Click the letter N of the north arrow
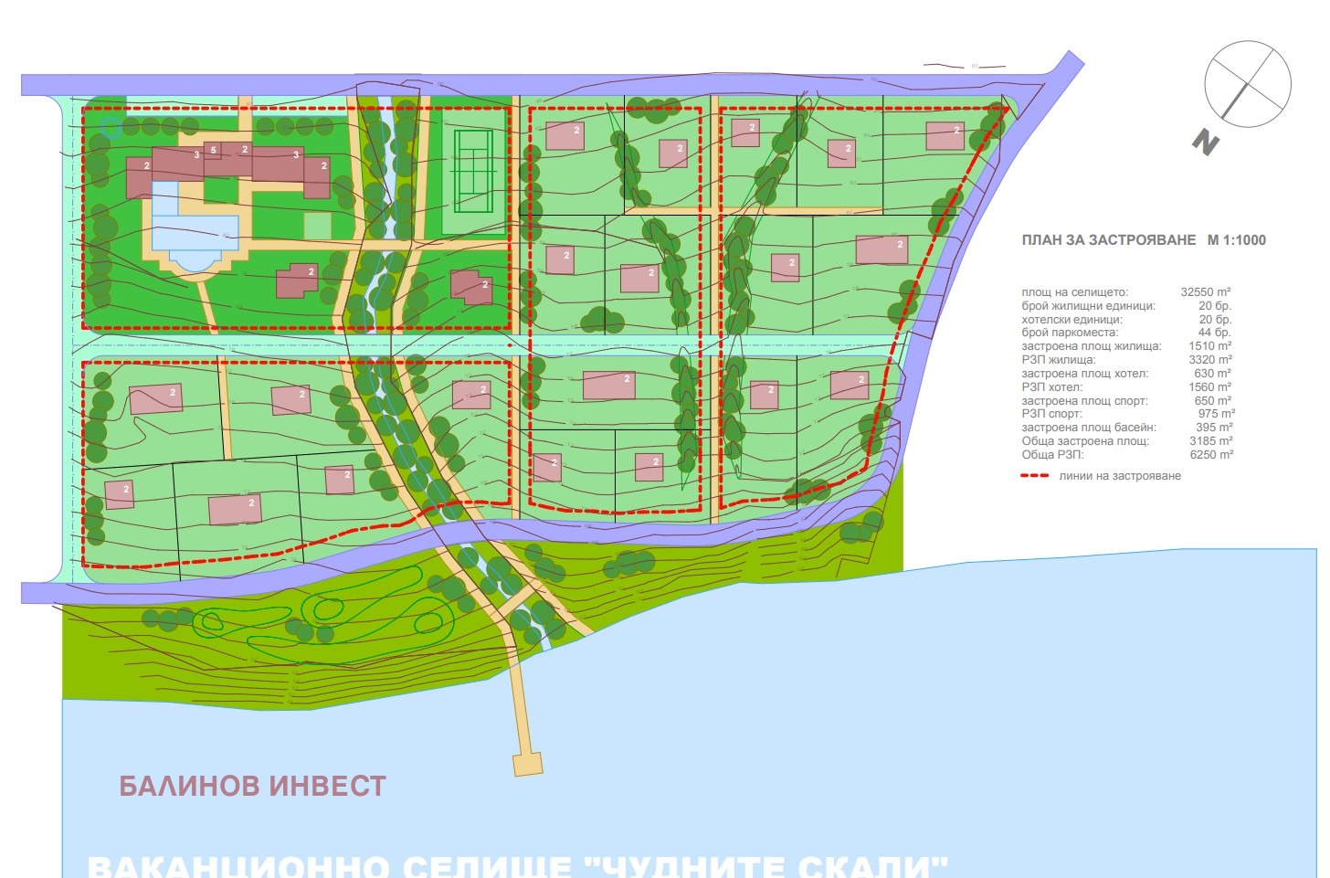1206,143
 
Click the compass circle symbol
1248,84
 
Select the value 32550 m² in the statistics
1206,292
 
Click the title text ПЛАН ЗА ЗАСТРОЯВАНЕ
1109,240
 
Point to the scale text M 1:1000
1237,240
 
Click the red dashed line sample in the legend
1034,476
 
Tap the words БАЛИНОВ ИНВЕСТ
253,786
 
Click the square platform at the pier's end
528,764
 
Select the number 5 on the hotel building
214,150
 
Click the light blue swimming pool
195,232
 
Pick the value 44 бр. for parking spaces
1215,333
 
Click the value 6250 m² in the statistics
1212,454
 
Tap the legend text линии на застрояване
1120,476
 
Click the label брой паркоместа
1070,333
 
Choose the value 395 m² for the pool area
1215,428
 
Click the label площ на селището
1074,292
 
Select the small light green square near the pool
318,225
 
